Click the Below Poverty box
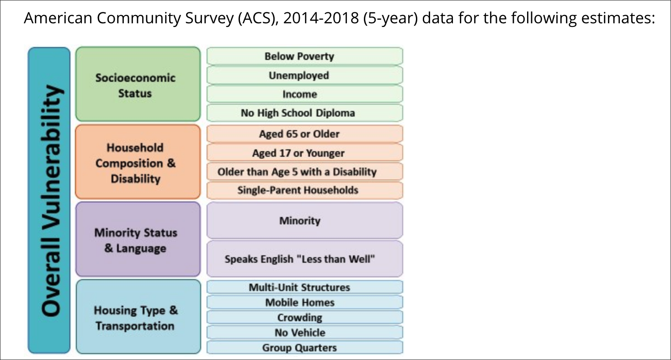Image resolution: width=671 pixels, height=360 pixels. click(x=304, y=56)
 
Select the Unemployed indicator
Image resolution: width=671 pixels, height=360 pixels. click(x=304, y=75)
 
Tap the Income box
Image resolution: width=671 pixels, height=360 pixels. click(x=304, y=94)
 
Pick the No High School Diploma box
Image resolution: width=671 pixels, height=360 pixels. click(x=304, y=113)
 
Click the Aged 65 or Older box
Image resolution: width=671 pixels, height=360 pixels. click(x=304, y=134)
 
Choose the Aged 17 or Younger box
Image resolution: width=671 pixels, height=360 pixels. click(x=304, y=153)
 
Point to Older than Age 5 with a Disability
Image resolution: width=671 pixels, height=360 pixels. click(x=304, y=172)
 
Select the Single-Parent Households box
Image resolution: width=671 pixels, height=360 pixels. click(x=304, y=190)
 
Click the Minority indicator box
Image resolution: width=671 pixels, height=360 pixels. click(x=304, y=221)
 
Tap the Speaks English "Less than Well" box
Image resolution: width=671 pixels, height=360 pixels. click(x=304, y=259)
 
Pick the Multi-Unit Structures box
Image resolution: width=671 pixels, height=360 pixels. click(x=304, y=287)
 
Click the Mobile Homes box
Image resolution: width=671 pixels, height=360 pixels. click(x=304, y=302)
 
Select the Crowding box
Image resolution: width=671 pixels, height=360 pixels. click(x=304, y=318)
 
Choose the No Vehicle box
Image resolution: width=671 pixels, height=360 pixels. click(x=304, y=332)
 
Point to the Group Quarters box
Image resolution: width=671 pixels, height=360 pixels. click(x=304, y=348)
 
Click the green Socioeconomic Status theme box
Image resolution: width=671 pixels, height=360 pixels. click(x=138, y=85)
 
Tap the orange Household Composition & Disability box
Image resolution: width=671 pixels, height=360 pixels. click(x=138, y=162)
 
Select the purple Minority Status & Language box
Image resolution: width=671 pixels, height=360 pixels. click(x=138, y=240)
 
